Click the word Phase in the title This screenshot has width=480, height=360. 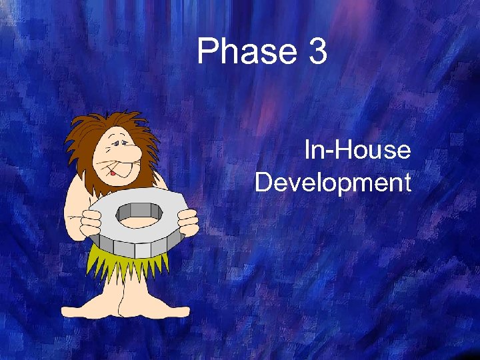tap(245, 52)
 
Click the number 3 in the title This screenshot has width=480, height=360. tap(317, 52)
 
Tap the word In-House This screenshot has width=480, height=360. tap(357, 151)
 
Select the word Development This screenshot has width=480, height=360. tap(333, 182)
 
